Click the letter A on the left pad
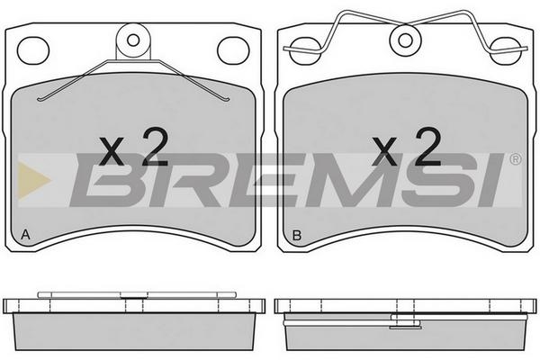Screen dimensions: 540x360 (x=25, y=235)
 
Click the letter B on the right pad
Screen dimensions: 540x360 (x=296, y=235)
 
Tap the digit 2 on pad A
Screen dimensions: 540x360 (x=156, y=147)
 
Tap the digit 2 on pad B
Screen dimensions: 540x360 (x=428, y=147)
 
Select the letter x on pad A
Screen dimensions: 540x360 (x=112, y=151)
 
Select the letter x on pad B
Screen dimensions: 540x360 (x=384, y=151)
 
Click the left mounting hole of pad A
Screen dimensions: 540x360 (x=33, y=50)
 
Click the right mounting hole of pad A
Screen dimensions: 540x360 (x=233, y=50)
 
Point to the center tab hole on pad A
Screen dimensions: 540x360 (x=133, y=40)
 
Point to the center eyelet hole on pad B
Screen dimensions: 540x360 (x=405, y=40)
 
